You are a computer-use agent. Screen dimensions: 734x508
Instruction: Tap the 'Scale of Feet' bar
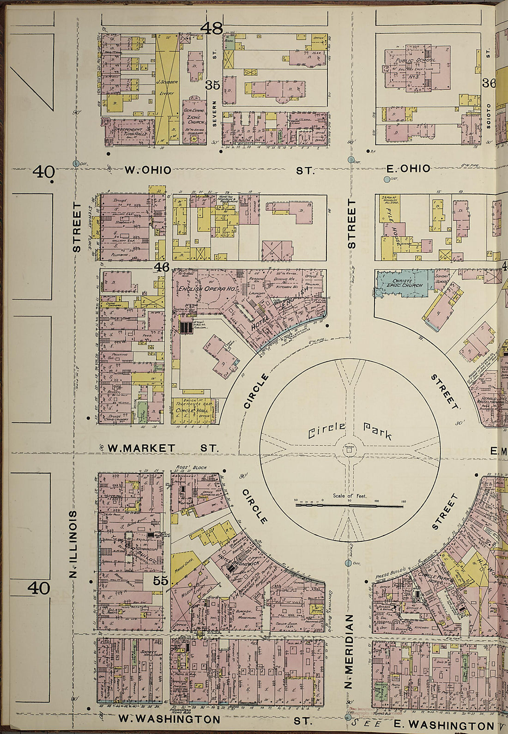(350, 506)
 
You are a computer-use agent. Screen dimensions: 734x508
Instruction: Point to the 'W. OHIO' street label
(148, 170)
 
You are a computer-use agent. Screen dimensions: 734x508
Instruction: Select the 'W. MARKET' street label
(141, 448)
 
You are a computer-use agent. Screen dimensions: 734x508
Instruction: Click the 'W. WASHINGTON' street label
(169, 719)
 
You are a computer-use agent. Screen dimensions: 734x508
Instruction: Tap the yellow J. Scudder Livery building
(166, 88)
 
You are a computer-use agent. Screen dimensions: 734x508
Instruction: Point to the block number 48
(212, 29)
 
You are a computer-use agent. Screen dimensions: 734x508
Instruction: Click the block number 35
(212, 85)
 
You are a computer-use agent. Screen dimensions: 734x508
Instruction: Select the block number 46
(162, 267)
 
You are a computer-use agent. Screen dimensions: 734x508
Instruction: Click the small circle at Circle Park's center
(350, 449)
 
